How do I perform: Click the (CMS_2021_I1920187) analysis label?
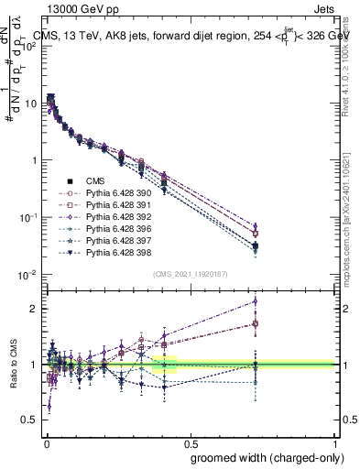tap(190, 274)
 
